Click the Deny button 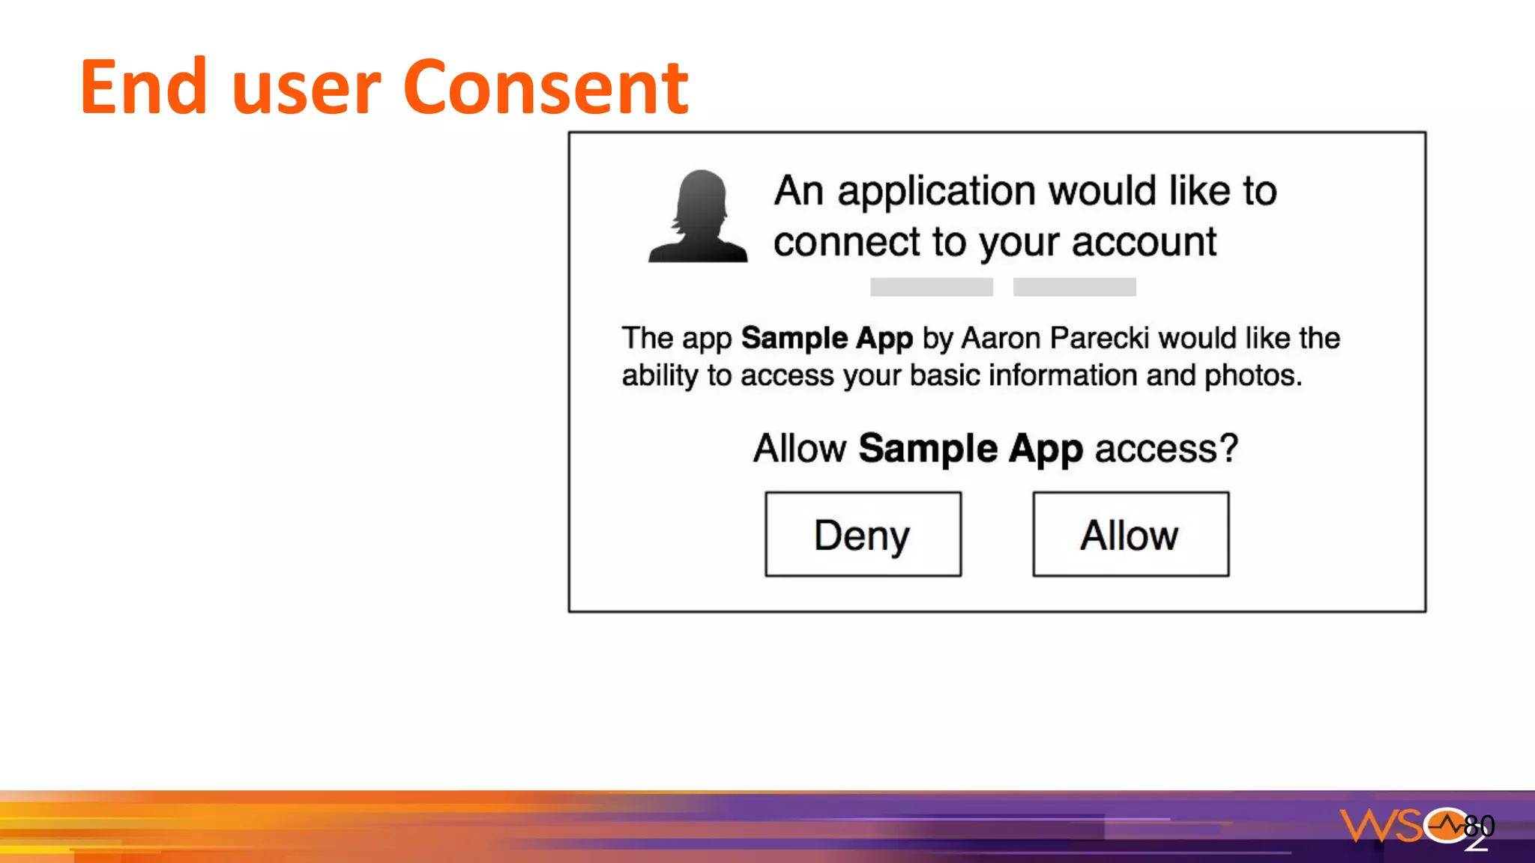click(863, 534)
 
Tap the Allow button click(1130, 534)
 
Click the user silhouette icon click(698, 216)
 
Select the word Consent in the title click(545, 88)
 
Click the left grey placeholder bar click(931, 287)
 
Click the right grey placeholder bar click(1074, 287)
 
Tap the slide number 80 click(1479, 826)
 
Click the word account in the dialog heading click(1144, 243)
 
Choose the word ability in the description click(660, 376)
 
